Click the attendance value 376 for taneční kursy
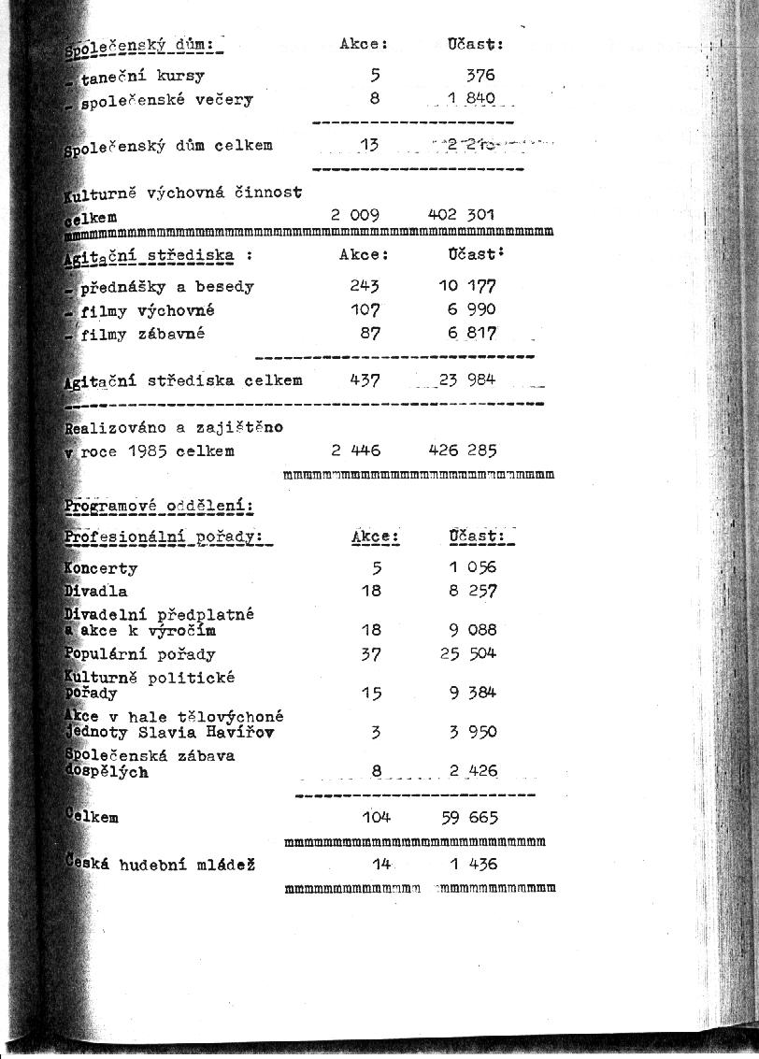click(480, 76)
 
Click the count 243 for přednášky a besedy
click(365, 286)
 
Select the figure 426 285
click(463, 451)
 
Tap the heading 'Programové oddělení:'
click(159, 507)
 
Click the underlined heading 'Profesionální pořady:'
click(164, 537)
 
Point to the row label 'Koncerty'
click(101, 568)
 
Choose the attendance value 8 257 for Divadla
click(473, 591)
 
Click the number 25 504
click(468, 653)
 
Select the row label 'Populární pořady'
click(140, 654)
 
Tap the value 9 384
click(473, 693)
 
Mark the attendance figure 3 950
click(473, 732)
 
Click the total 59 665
click(470, 818)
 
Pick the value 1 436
click(473, 865)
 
